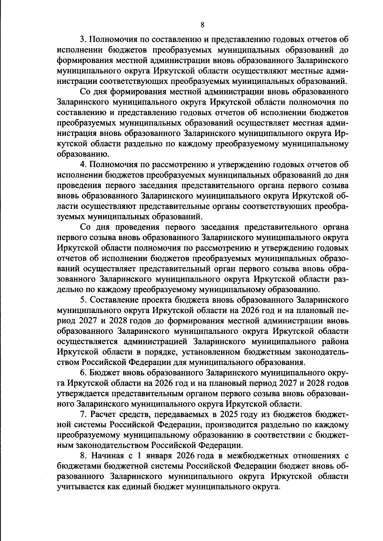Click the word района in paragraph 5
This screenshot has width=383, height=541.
[x=333, y=341]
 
